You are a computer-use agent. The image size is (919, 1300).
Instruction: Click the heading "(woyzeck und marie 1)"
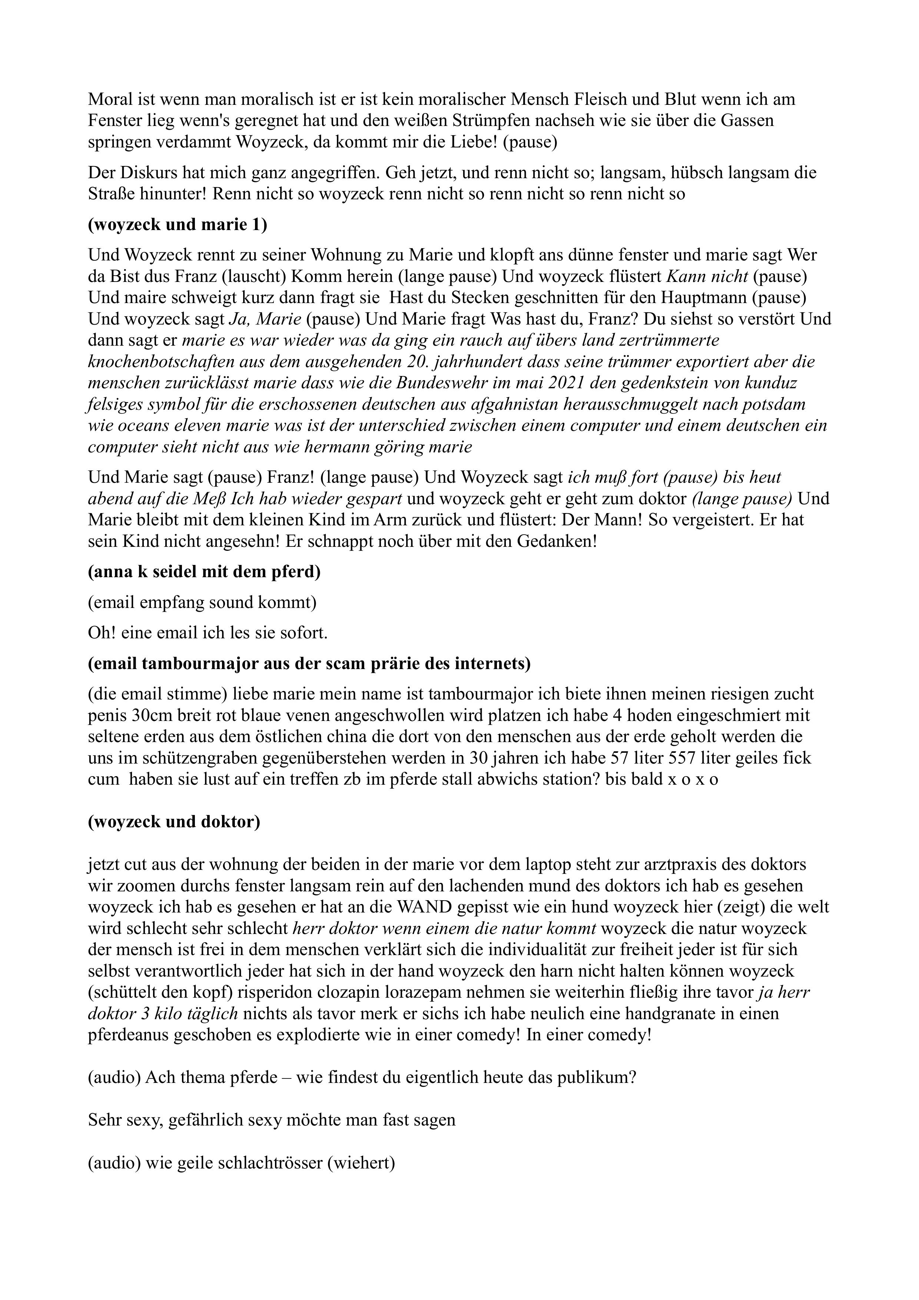[x=177, y=225]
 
